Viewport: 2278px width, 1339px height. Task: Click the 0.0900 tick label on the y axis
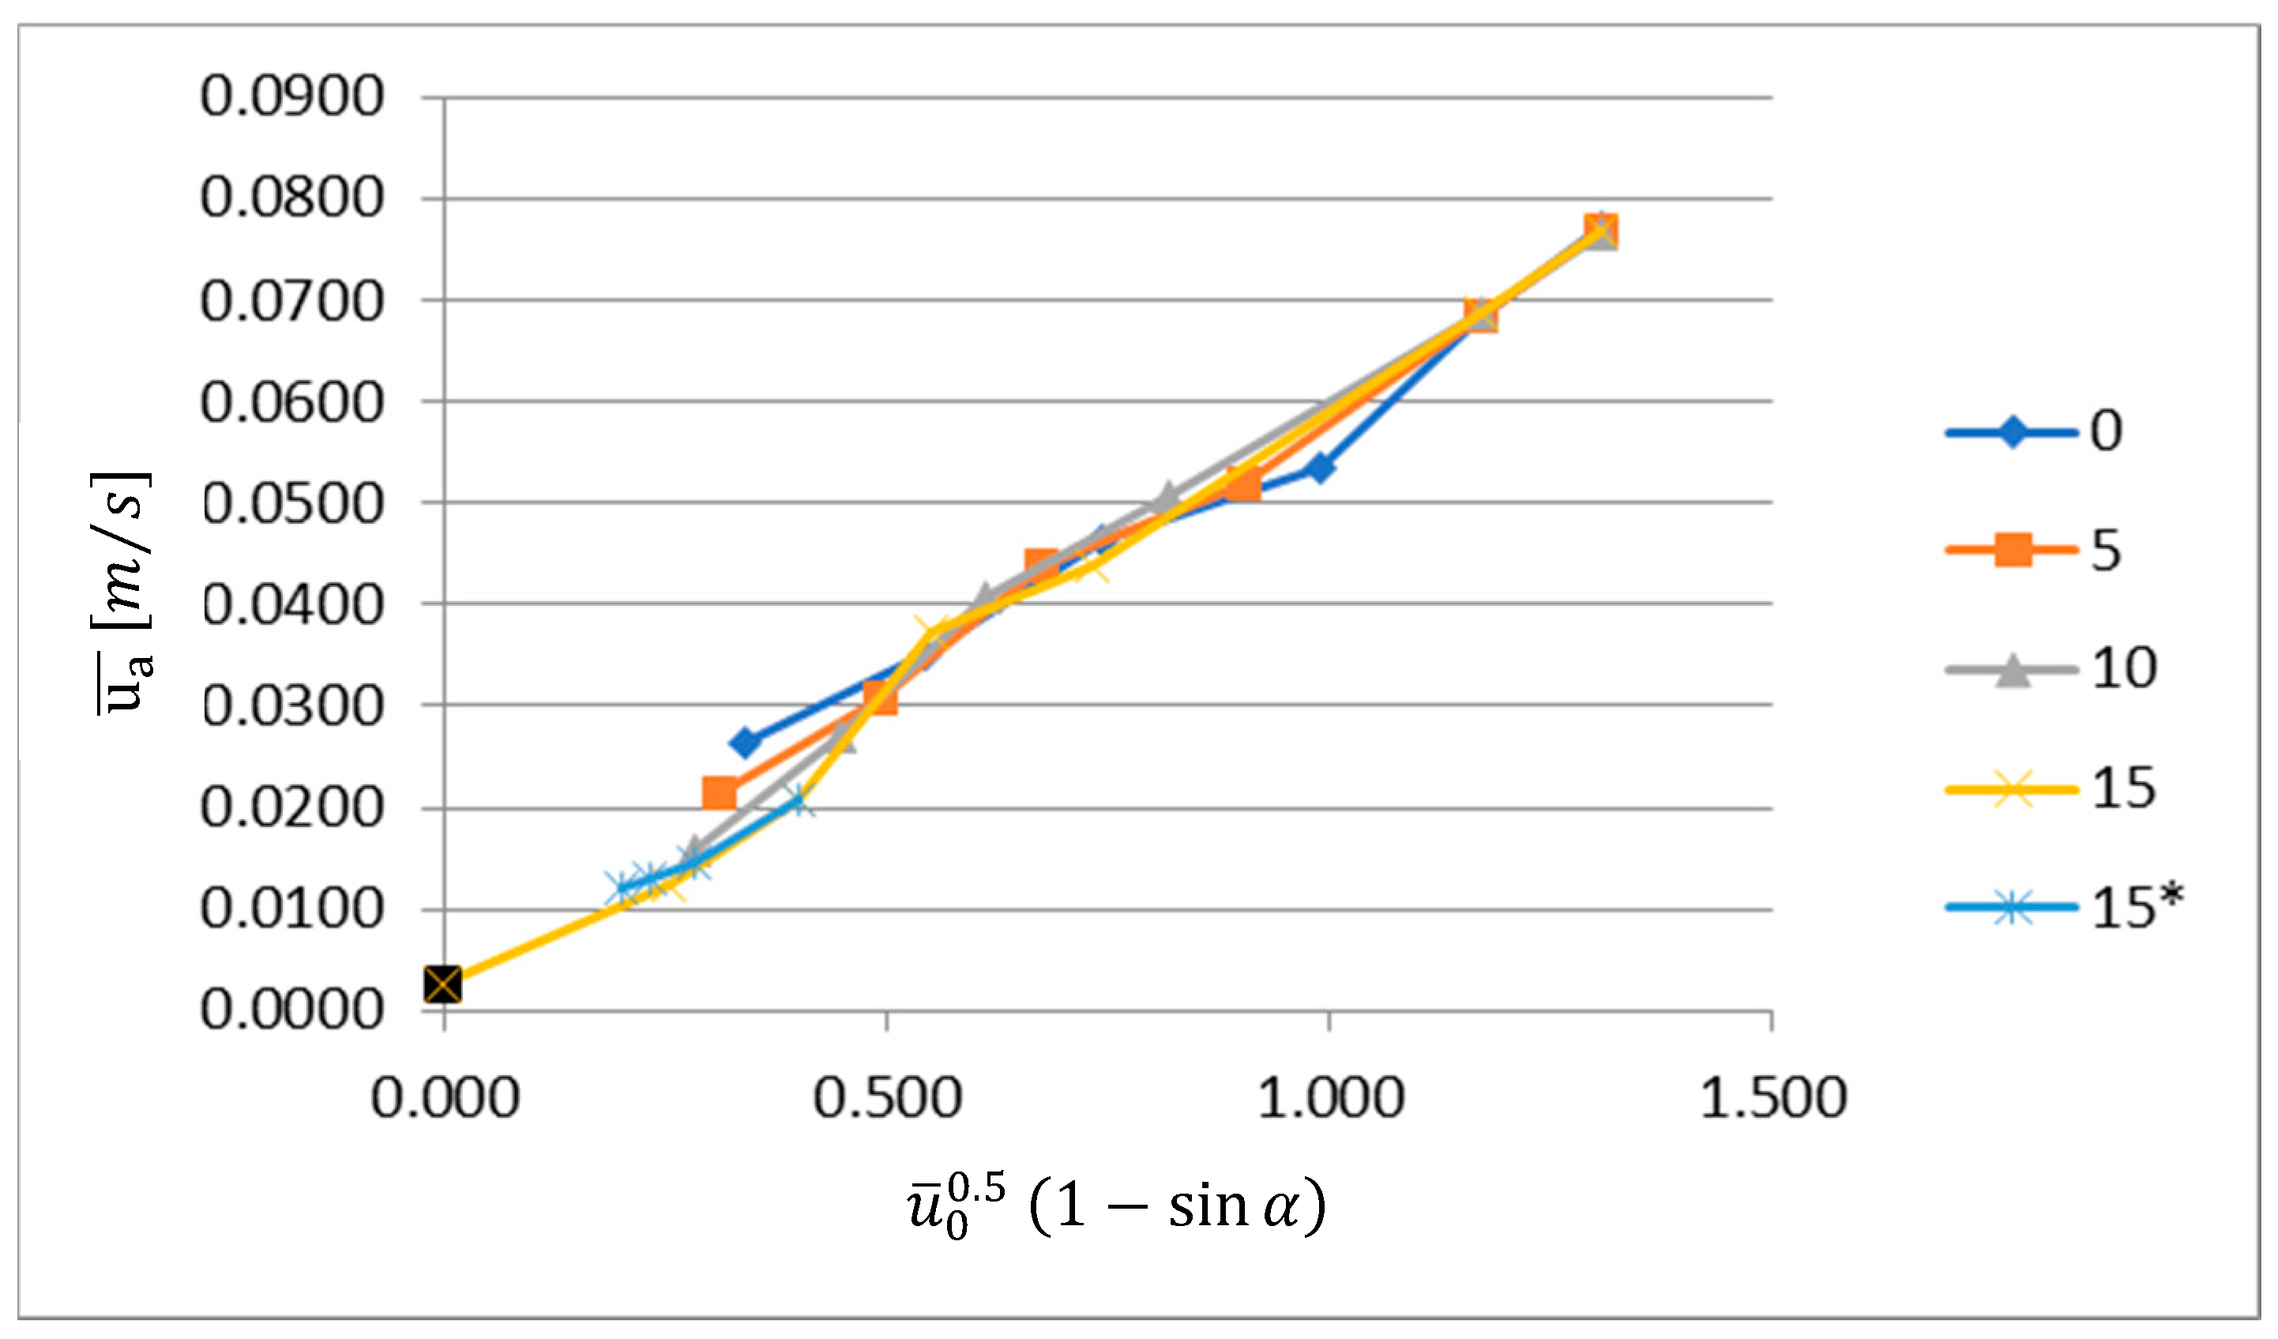(x=292, y=96)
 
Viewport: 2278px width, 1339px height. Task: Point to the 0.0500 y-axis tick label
(x=292, y=503)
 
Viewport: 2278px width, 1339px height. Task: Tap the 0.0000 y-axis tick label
(x=292, y=1010)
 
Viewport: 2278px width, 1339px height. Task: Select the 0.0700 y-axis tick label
(x=292, y=301)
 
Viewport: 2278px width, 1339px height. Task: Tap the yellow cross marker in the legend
(x=2013, y=789)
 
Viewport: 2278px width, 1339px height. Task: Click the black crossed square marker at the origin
(x=443, y=984)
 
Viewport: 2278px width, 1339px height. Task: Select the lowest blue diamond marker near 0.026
(x=746, y=743)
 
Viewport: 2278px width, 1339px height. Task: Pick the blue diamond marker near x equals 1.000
(x=1321, y=468)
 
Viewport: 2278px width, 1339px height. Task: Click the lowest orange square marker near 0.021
(x=720, y=794)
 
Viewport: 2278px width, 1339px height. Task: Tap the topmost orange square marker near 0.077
(x=1601, y=230)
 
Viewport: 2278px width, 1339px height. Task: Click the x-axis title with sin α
(x=1118, y=1208)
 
